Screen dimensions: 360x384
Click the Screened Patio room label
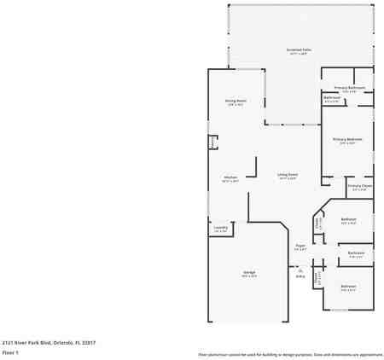299,50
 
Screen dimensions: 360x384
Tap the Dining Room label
235,102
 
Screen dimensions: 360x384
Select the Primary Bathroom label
350,88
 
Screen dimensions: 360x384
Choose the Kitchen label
230,178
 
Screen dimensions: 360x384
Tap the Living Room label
287,177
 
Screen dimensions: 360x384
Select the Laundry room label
220,228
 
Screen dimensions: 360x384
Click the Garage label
248,274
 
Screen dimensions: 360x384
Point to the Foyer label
300,247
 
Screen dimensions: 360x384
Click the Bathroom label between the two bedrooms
357,253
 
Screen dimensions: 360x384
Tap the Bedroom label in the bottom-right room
348,287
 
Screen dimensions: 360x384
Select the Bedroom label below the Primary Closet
348,220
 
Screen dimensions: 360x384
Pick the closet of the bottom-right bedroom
317,277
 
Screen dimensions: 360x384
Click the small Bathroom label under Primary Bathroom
333,98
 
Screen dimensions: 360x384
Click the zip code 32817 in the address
90,341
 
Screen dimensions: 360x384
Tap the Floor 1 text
11,351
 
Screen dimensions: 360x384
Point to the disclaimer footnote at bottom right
290,353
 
